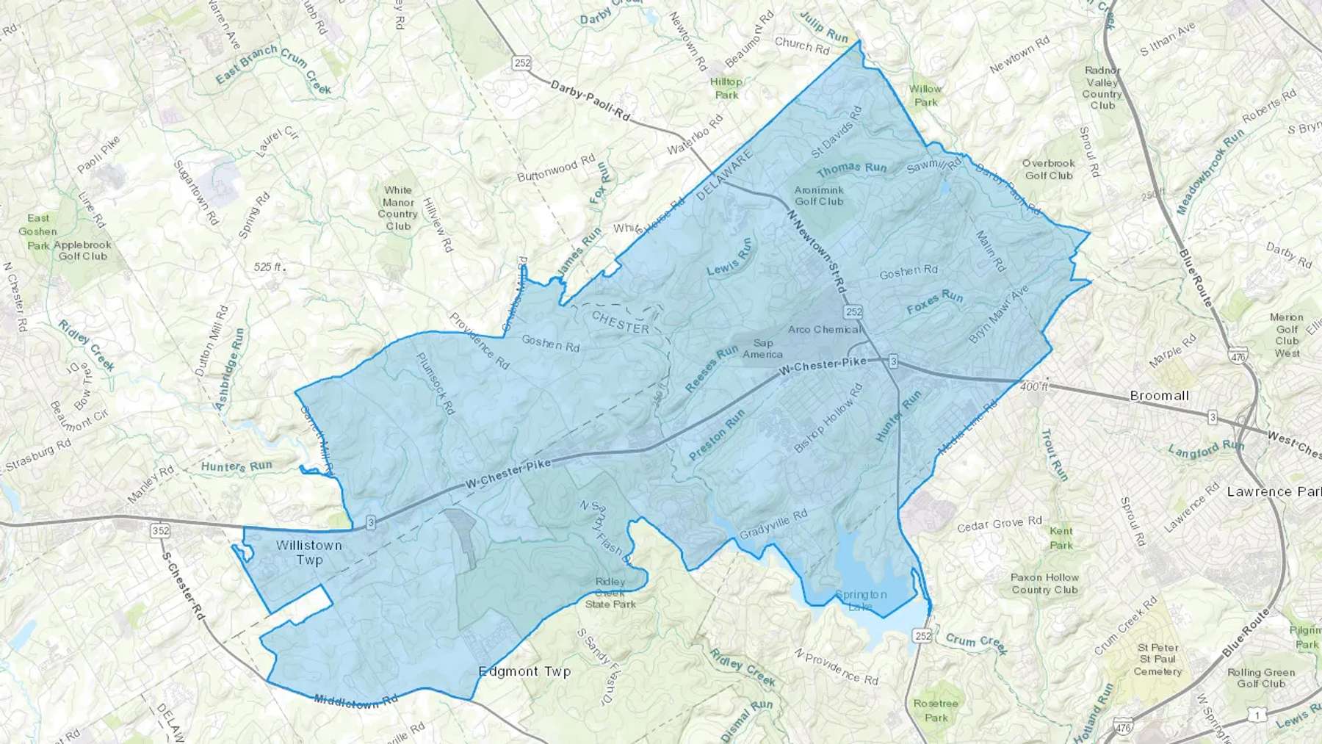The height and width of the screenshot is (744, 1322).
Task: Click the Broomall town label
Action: tap(1159, 395)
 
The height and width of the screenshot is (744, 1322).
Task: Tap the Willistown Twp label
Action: tap(309, 552)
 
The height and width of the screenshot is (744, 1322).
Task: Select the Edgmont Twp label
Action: tap(524, 671)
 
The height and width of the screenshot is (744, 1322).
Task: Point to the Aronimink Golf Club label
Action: tap(819, 195)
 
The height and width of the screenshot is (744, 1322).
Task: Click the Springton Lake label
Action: tap(861, 600)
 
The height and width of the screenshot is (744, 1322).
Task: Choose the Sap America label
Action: tap(762, 348)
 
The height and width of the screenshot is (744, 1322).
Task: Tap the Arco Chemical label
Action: tap(824, 329)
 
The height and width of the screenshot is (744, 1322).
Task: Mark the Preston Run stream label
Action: tap(717, 435)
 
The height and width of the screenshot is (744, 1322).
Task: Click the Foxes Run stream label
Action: tap(934, 302)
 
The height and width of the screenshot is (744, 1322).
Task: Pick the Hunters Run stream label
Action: tap(236, 466)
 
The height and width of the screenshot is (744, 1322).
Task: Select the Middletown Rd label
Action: tap(356, 701)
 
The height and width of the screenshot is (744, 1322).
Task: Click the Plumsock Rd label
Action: tap(436, 383)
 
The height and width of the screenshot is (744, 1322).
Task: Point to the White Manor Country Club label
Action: tap(398, 208)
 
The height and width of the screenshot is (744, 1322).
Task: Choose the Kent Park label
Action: tap(1061, 538)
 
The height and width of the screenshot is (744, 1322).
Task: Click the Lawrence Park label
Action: tap(1274, 491)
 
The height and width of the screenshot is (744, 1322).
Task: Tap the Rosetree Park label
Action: tap(936, 710)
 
